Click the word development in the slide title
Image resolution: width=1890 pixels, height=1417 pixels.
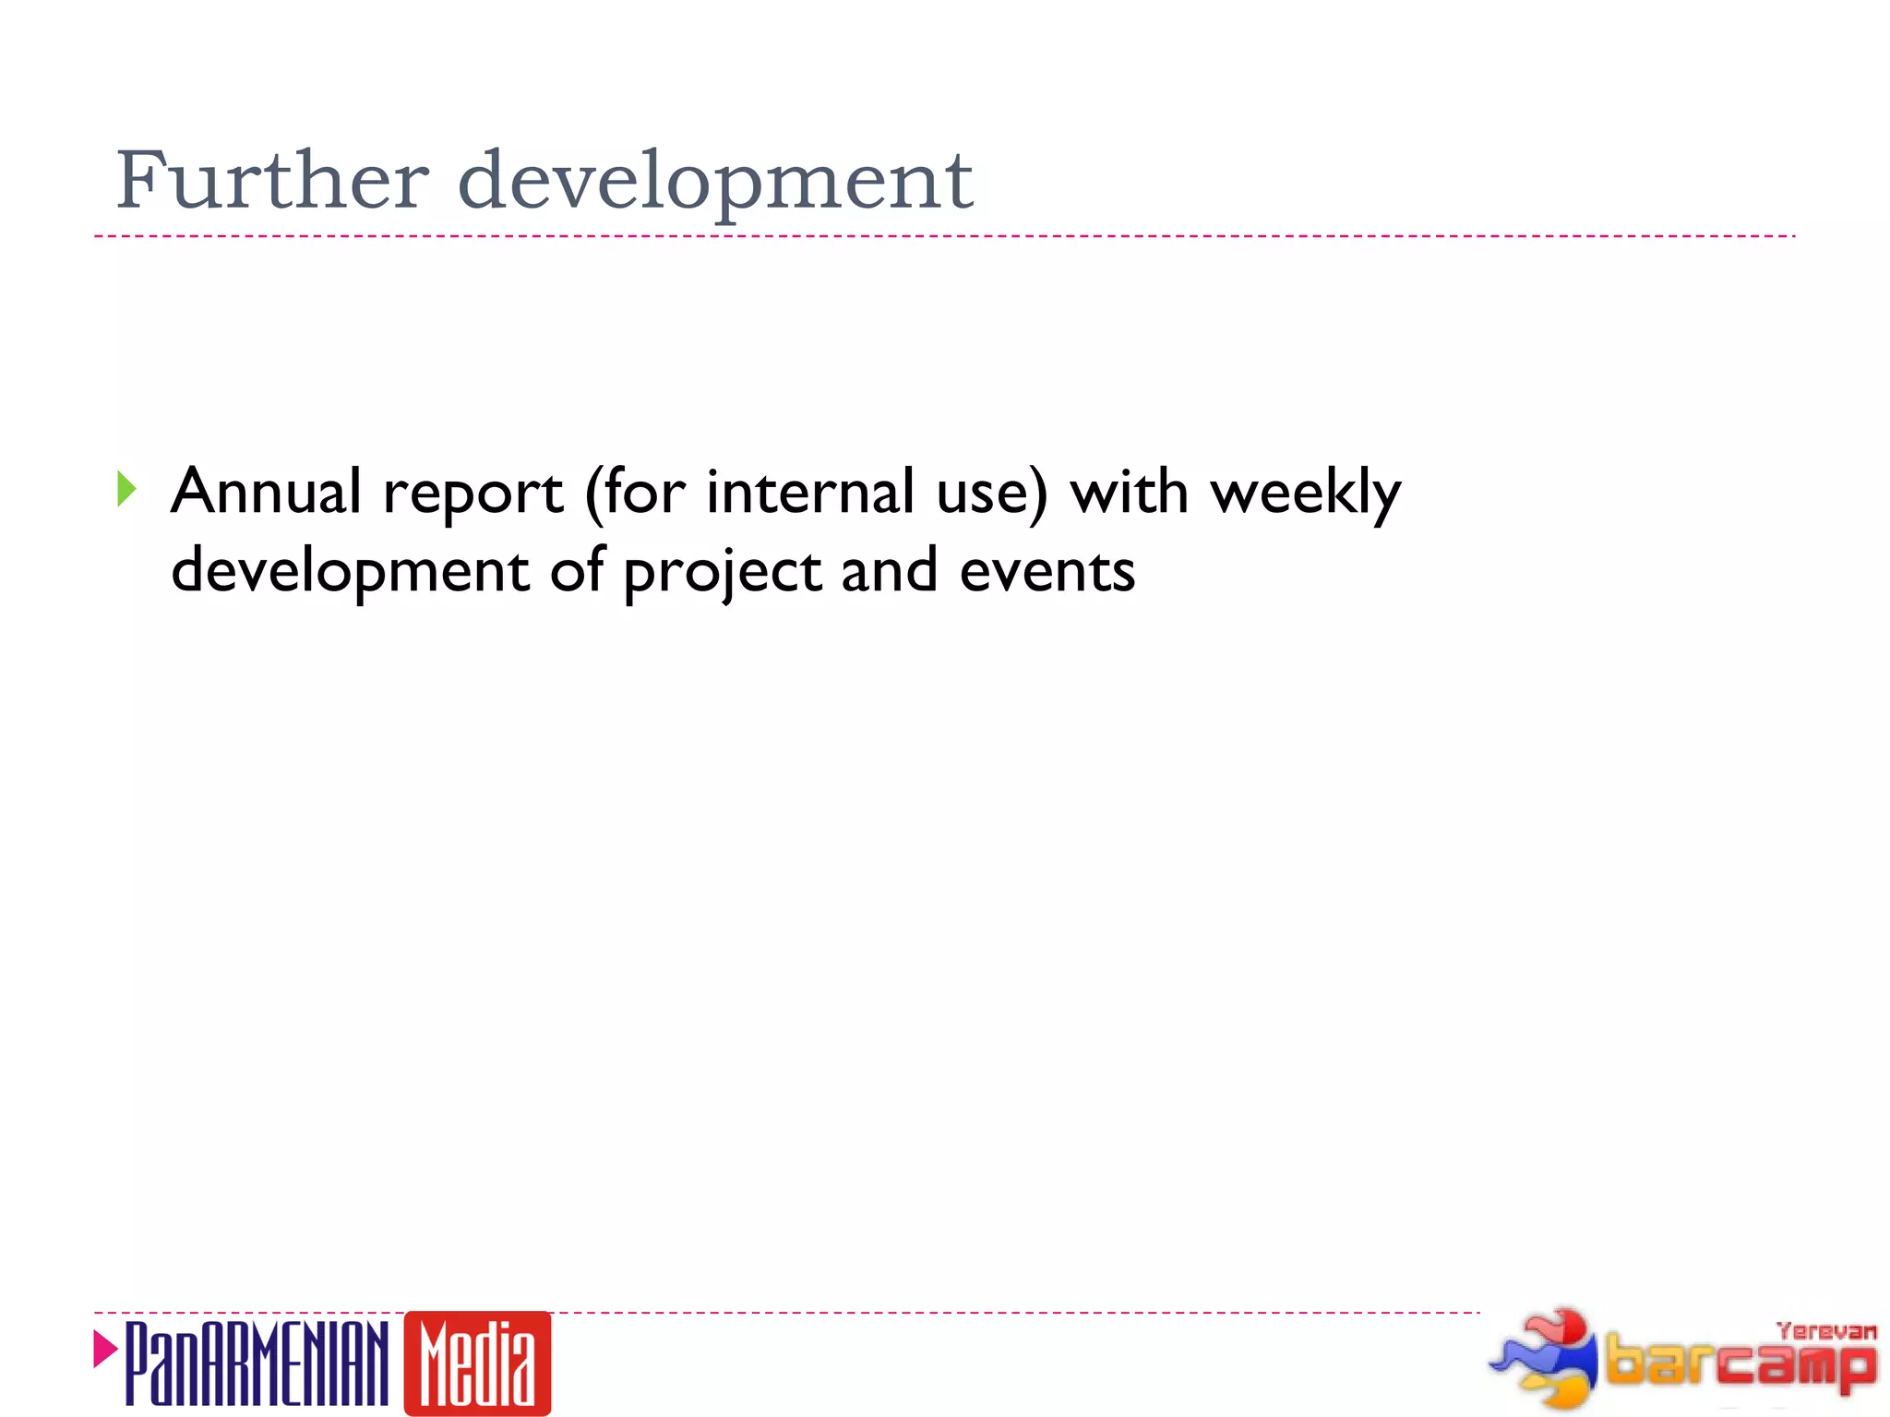(x=715, y=182)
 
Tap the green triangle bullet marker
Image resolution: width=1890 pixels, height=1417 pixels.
(x=127, y=489)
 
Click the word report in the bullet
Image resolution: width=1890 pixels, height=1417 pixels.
(x=472, y=494)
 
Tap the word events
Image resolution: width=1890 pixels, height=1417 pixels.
(x=1047, y=572)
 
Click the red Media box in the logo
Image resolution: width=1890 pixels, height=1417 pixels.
(x=477, y=1363)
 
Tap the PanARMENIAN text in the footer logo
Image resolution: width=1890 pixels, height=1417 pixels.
(x=256, y=1363)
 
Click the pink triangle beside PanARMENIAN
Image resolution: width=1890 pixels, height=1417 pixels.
(x=105, y=1350)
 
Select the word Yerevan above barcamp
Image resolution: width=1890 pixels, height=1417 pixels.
(x=1825, y=1331)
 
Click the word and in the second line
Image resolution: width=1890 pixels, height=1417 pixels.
(x=889, y=572)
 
